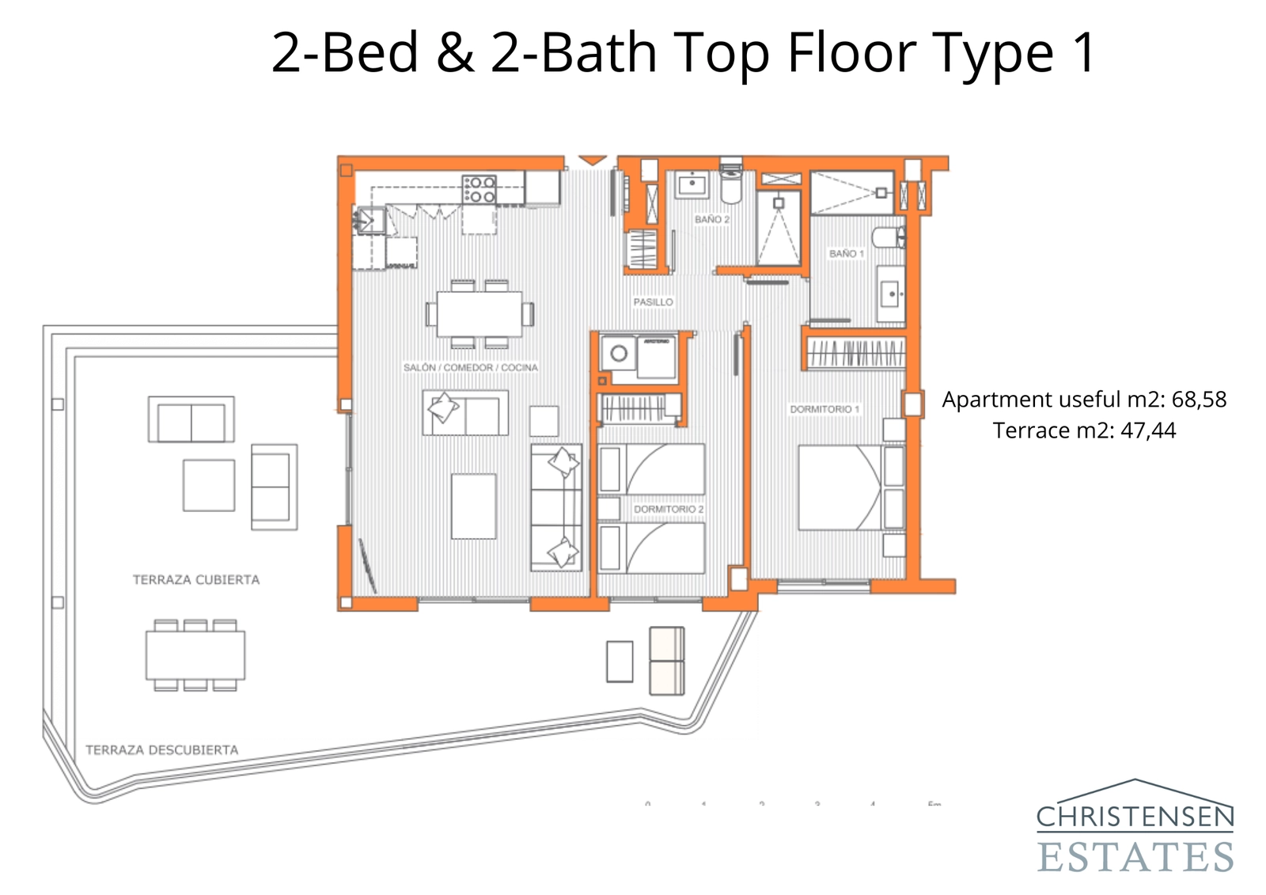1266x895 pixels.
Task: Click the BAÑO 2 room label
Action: [x=711, y=219]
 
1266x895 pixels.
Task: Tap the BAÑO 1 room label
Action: [x=846, y=253]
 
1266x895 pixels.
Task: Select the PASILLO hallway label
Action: [x=653, y=302]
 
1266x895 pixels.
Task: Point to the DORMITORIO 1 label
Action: [x=824, y=409]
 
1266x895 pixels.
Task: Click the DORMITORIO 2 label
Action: [x=668, y=509]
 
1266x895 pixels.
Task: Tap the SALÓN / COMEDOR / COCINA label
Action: [x=470, y=367]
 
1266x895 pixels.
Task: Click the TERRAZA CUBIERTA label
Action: [x=195, y=579]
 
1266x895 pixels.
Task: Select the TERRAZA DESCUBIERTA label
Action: [x=161, y=749]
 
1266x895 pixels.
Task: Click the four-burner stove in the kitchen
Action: [x=479, y=190]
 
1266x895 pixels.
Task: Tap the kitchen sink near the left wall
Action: [x=370, y=219]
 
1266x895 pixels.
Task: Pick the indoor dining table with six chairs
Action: [x=479, y=314]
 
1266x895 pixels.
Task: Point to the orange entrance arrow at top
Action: [x=592, y=161]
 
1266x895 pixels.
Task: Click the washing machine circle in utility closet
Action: [x=619, y=354]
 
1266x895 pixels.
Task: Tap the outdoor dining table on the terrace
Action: [x=195, y=655]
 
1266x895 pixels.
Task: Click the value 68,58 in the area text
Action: [x=1198, y=400]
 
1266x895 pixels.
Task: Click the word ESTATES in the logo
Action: [x=1135, y=858]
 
